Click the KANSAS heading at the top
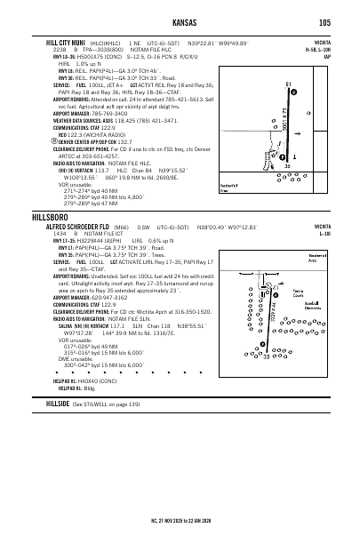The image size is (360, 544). coord(180,22)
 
